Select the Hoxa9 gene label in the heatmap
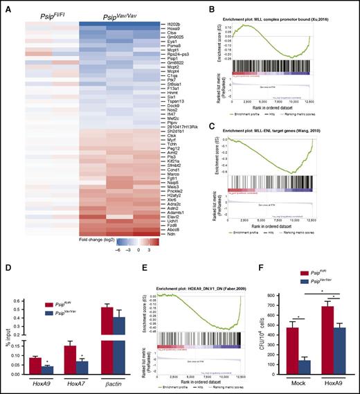(x=165, y=29)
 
